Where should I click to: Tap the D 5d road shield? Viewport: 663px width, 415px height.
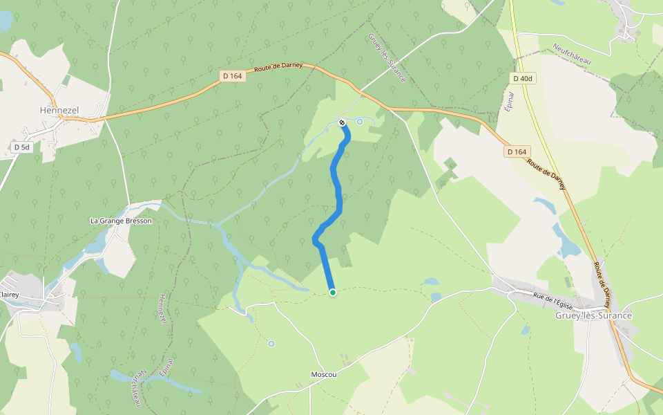[x=21, y=147]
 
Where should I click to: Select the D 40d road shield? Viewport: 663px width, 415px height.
[x=523, y=79]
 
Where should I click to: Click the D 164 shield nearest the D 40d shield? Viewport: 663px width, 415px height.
[x=517, y=151]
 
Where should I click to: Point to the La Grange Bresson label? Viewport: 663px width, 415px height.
[x=121, y=221]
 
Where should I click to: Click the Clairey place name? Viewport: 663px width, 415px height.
[x=9, y=295]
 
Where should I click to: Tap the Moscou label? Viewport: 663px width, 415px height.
[x=324, y=374]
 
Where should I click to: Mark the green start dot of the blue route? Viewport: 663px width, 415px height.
[x=333, y=293]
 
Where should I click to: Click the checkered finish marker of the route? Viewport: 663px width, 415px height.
[x=342, y=123]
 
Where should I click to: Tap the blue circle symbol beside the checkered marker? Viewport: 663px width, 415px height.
[x=359, y=122]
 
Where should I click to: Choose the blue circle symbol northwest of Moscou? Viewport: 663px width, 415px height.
[x=271, y=344]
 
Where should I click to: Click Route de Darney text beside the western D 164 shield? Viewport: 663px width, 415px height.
[x=278, y=66]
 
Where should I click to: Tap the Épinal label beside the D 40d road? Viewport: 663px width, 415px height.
[x=510, y=101]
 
